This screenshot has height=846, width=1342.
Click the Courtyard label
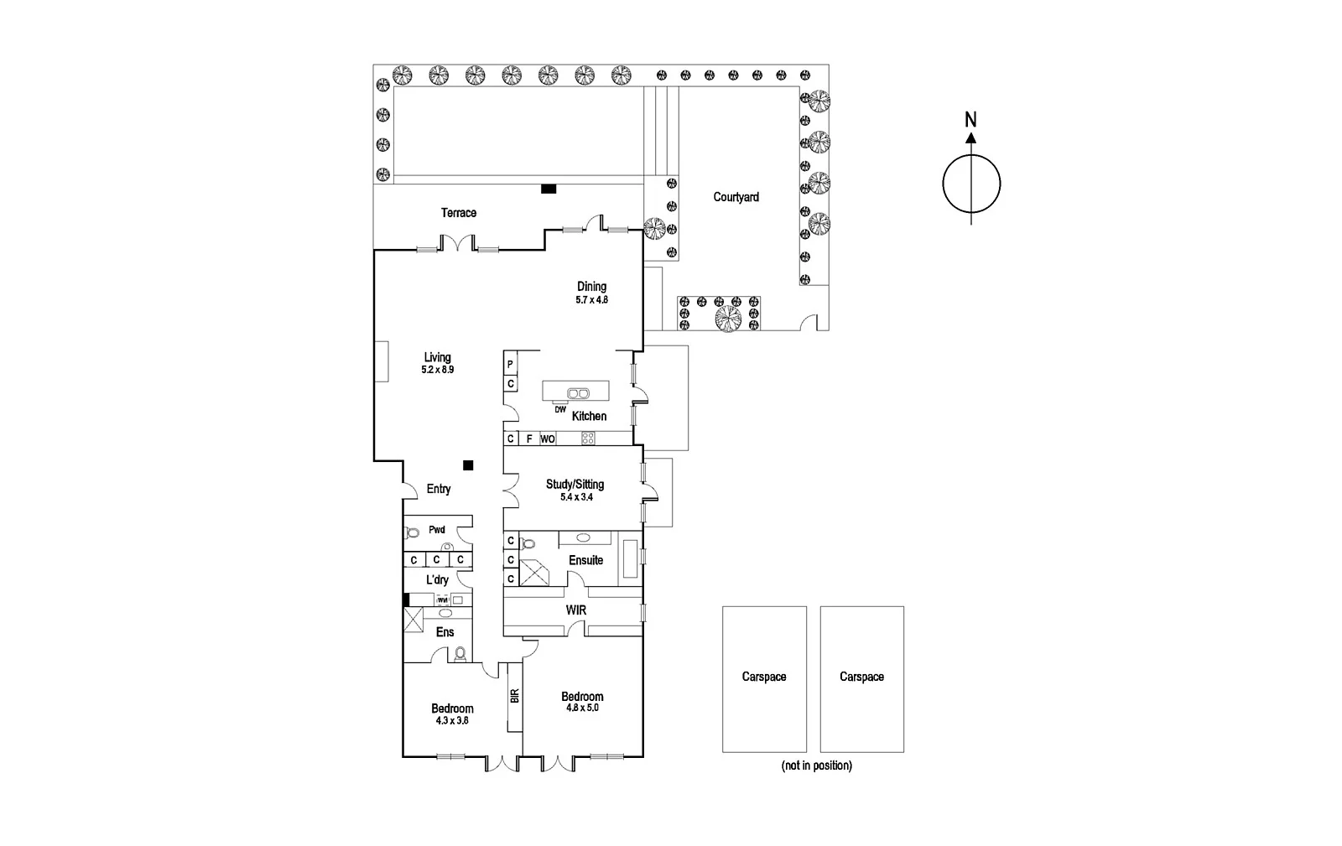pos(736,197)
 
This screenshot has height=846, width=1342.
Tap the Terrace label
pos(459,213)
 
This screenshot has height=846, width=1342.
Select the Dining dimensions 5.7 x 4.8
pos(591,299)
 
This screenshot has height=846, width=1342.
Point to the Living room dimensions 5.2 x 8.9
pos(437,370)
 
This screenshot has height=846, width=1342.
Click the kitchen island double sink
pos(577,392)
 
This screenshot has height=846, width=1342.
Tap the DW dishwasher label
pos(560,409)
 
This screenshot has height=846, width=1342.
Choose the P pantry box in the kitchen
pos(510,364)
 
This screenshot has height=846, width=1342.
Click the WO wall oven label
pos(547,439)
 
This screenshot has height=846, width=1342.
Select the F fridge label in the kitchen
pos(528,439)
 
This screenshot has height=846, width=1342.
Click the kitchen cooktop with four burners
pos(588,438)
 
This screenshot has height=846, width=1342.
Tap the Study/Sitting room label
pos(575,484)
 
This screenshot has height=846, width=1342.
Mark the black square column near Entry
pos(468,465)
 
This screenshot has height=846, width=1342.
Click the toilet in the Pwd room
pos(412,532)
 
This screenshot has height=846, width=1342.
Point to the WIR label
pos(575,610)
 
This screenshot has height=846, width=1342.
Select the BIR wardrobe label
pos(514,695)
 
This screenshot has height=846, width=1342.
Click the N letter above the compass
pos(970,119)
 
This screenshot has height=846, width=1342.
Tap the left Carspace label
pos(764,677)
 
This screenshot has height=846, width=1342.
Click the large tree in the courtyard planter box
pos(727,318)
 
